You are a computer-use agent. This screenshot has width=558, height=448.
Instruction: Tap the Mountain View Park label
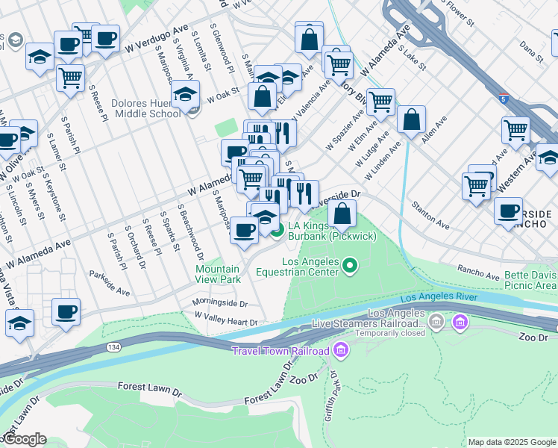point(218,274)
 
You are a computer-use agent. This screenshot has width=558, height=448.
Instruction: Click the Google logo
point(24,439)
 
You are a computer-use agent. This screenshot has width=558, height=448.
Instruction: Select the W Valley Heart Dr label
point(225,322)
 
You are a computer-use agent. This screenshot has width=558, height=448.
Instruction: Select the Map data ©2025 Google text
point(512,442)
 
